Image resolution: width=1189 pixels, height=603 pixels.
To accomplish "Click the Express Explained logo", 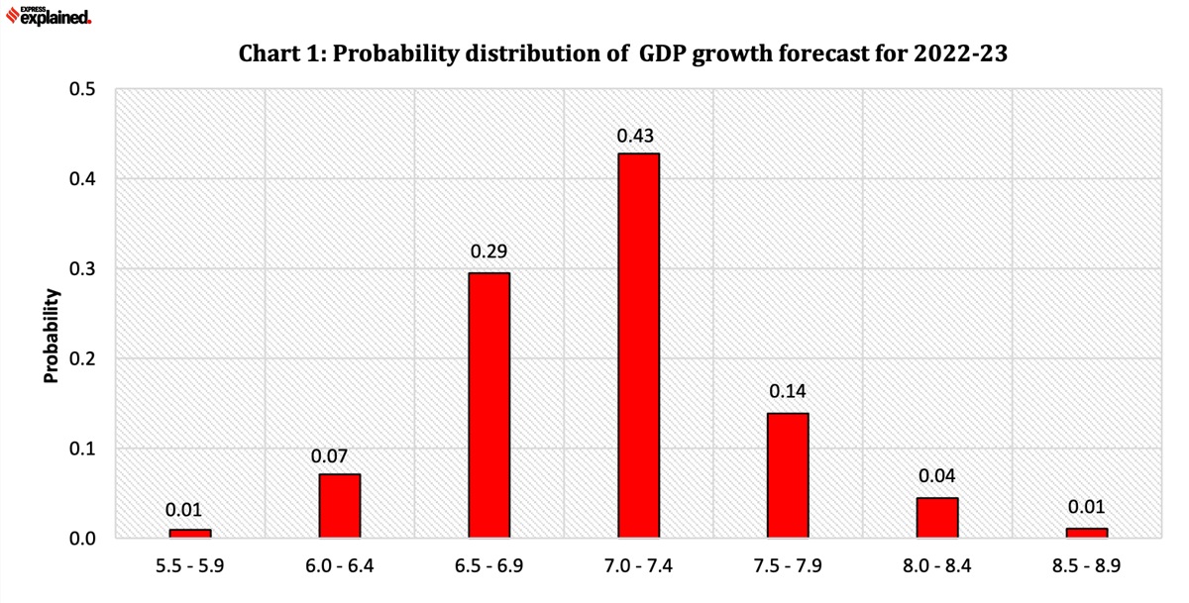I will tap(50, 14).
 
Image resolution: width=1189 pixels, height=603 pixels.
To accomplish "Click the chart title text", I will tap(622, 54).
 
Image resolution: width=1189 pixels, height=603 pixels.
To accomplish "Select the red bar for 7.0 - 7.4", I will tap(638, 346).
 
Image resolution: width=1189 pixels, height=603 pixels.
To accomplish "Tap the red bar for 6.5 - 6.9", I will tap(488, 405).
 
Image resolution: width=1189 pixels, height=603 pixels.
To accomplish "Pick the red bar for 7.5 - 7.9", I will tap(788, 475).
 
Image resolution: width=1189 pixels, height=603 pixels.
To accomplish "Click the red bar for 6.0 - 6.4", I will tap(339, 506).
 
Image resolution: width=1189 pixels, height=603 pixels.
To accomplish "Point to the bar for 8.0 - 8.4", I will tap(937, 518).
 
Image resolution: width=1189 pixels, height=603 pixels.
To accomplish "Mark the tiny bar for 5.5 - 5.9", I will tap(189, 534).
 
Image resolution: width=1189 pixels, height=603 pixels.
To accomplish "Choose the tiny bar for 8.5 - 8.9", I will tap(1087, 533).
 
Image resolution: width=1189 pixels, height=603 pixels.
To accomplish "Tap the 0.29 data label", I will tap(487, 252).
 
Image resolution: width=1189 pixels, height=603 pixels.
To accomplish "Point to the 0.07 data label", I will tap(329, 456).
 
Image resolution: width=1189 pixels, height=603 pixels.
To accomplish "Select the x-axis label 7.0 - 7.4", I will tap(637, 568).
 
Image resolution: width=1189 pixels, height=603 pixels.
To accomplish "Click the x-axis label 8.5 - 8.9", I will tap(1086, 568).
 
